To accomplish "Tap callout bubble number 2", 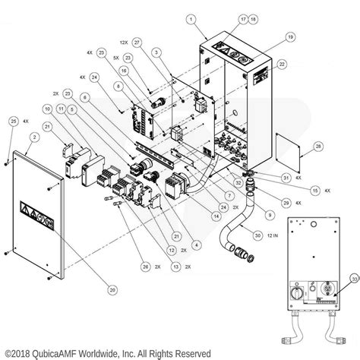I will click(x=33, y=137).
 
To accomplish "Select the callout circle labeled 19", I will click(x=289, y=36).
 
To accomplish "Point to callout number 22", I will click(x=282, y=65).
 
